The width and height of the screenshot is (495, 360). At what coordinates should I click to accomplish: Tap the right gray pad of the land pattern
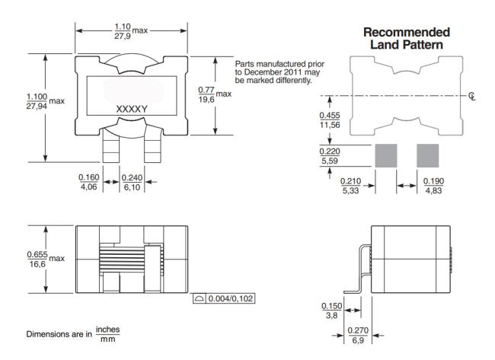[x=428, y=156]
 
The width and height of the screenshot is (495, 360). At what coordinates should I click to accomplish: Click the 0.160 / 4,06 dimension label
[x=89, y=182]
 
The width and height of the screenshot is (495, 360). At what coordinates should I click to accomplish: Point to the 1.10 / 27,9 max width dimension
[x=126, y=30]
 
